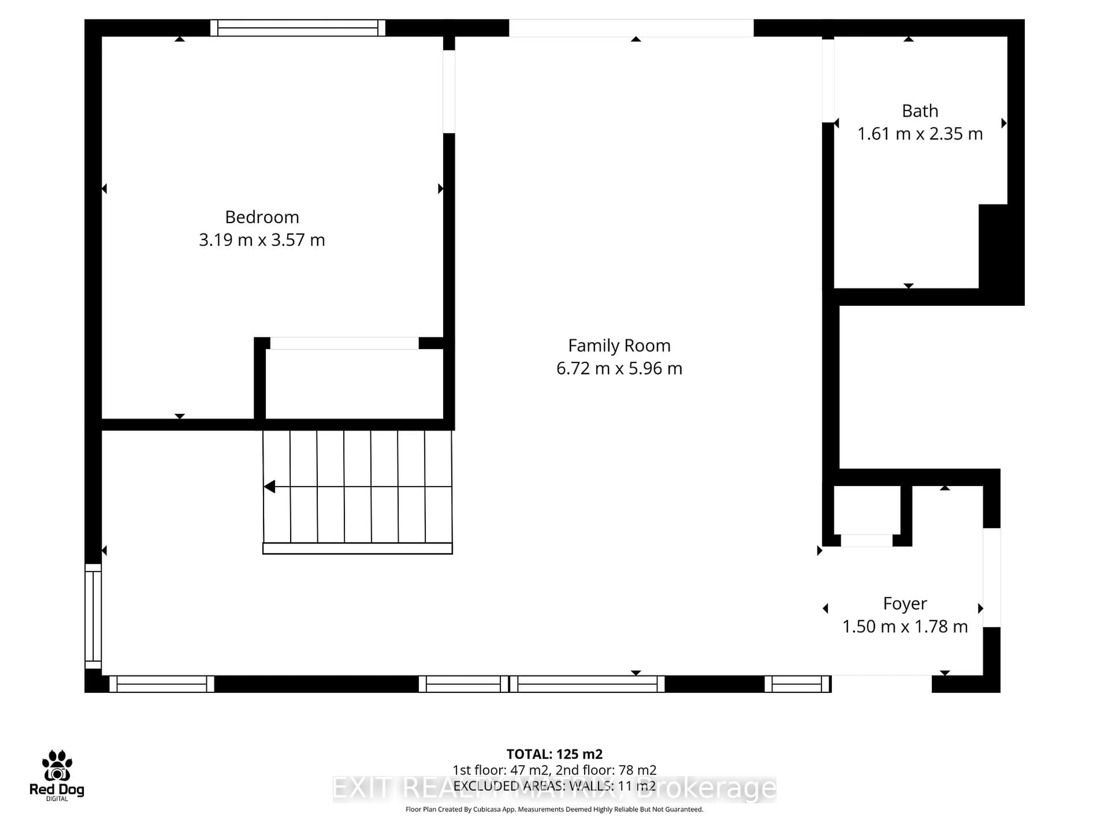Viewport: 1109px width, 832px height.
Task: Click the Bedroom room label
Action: [262, 217]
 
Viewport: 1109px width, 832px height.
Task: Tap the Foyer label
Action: [905, 603]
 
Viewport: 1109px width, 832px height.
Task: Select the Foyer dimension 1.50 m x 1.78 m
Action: [905, 626]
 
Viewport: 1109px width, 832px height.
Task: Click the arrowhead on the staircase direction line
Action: [270, 486]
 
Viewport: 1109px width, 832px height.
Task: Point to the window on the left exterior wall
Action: [93, 616]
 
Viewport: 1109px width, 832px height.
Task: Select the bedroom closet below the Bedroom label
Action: [353, 384]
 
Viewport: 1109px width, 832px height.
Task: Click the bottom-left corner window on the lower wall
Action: [161, 684]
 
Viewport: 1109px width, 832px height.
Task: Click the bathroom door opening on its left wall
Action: [828, 80]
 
